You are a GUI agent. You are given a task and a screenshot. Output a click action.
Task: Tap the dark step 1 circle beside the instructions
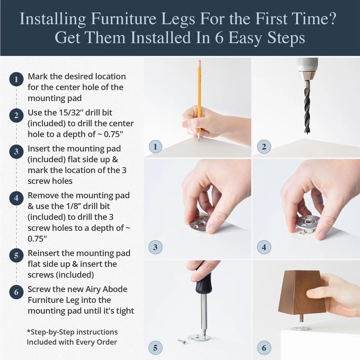click(x=16, y=80)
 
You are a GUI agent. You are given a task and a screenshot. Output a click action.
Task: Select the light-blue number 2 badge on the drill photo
click(x=264, y=146)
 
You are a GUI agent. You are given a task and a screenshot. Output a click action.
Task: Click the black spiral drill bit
click(x=307, y=107)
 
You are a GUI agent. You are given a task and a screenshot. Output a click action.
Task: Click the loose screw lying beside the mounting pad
click(x=182, y=341)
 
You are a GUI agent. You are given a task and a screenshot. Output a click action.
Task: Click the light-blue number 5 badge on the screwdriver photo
click(x=155, y=348)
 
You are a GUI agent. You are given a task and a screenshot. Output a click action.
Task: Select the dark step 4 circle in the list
click(x=16, y=198)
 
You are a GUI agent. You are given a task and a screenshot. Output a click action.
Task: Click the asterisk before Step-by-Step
click(x=28, y=332)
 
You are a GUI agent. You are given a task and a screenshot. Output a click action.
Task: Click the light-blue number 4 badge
click(x=264, y=247)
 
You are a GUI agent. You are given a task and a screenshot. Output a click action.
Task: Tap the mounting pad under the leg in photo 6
click(x=301, y=328)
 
